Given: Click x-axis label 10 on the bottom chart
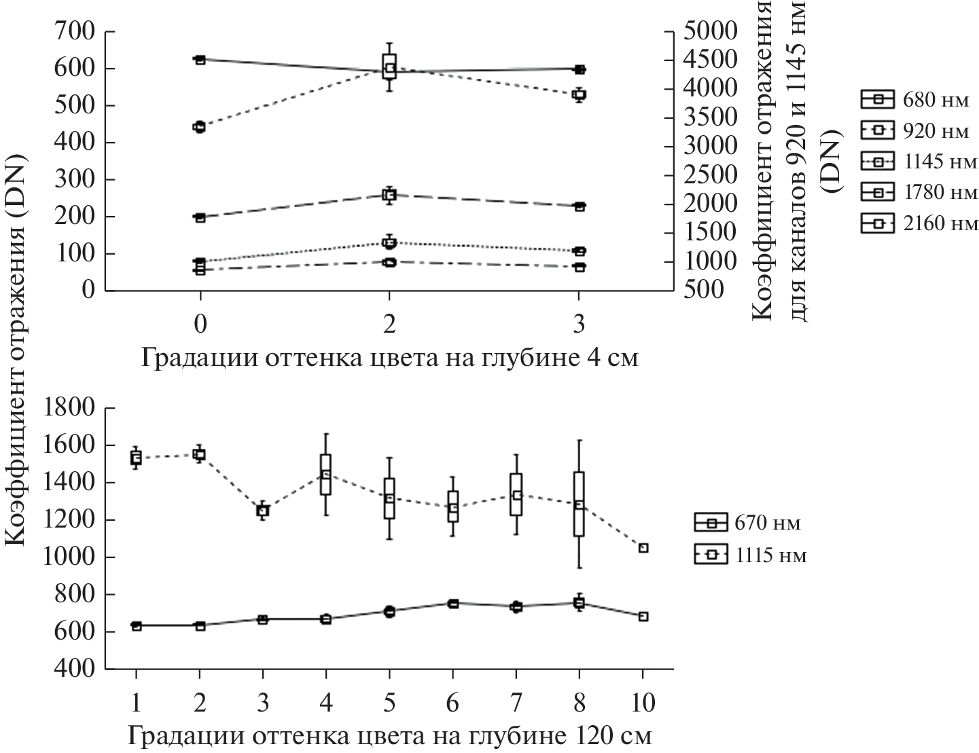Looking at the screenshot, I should click(643, 701).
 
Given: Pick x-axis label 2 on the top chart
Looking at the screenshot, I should click(389, 325).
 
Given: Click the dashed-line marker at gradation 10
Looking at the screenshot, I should click(643, 548).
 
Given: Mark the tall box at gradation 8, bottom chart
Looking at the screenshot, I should click(579, 504).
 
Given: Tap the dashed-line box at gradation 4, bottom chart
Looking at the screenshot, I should click(326, 475).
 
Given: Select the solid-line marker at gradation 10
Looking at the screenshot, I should click(643, 617).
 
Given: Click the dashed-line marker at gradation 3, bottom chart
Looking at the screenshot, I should click(262, 511).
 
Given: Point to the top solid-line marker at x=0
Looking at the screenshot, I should click(200, 60).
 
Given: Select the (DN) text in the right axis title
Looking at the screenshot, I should click(831, 163).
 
